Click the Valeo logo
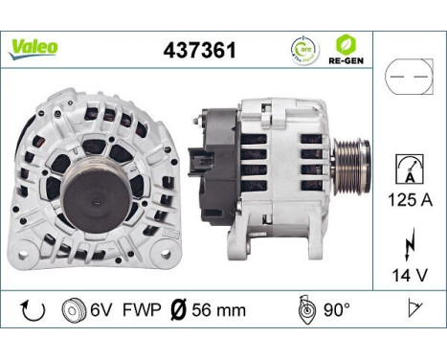34,47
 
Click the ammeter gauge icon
408,171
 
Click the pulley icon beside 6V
71,309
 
